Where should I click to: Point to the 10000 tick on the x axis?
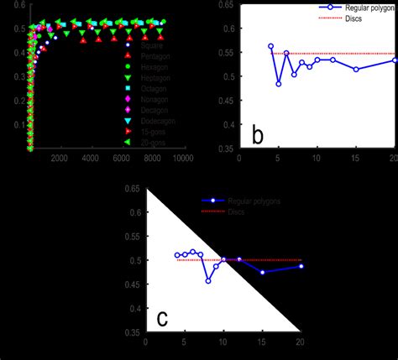[x=183, y=160]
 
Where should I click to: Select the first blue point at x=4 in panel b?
[x=270, y=46]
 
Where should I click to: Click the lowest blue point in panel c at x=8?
[x=208, y=280]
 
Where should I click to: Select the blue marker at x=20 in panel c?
[x=301, y=266]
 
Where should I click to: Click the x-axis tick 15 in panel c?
[x=262, y=342]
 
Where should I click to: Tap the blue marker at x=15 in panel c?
[x=263, y=272]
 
